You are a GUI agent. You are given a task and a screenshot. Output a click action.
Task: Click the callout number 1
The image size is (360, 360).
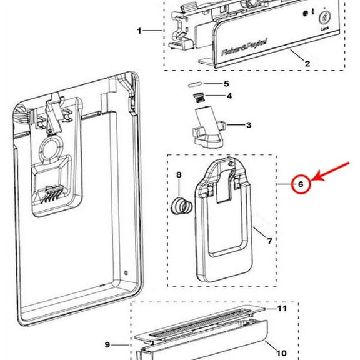(x=140, y=30)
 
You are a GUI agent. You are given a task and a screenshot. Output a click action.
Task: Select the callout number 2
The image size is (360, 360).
(x=307, y=63)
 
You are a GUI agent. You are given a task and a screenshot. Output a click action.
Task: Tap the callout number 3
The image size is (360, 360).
(x=248, y=125)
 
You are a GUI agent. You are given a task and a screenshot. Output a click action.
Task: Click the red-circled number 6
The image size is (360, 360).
(x=300, y=184)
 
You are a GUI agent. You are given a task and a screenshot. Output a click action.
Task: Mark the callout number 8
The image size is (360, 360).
(x=179, y=174)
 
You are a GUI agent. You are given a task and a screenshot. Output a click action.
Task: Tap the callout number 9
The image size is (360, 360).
(x=107, y=344)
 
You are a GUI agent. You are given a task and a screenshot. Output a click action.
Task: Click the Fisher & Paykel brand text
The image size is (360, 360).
(x=245, y=48)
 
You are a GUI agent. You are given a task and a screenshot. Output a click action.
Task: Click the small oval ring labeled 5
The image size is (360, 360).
(x=195, y=83)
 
